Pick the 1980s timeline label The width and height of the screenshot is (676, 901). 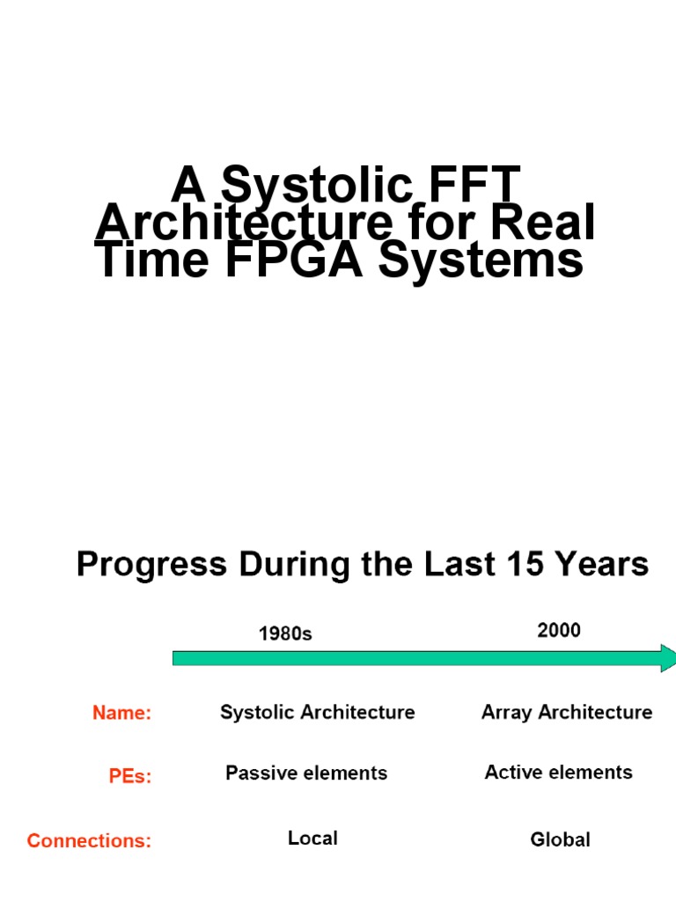[x=285, y=633]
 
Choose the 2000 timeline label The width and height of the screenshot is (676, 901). [x=559, y=630]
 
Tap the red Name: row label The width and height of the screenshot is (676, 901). [x=122, y=713]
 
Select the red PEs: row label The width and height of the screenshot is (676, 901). [x=130, y=777]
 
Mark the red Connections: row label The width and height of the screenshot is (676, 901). [x=89, y=841]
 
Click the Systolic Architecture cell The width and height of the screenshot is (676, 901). [x=317, y=712]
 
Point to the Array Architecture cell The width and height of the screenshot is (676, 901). [x=567, y=712]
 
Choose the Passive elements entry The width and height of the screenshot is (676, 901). [x=306, y=773]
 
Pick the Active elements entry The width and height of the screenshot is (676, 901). [x=558, y=773]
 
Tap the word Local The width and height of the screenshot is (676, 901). [x=312, y=839]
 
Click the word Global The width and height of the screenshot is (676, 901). [x=560, y=840]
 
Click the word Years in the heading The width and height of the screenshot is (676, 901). [x=606, y=564]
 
